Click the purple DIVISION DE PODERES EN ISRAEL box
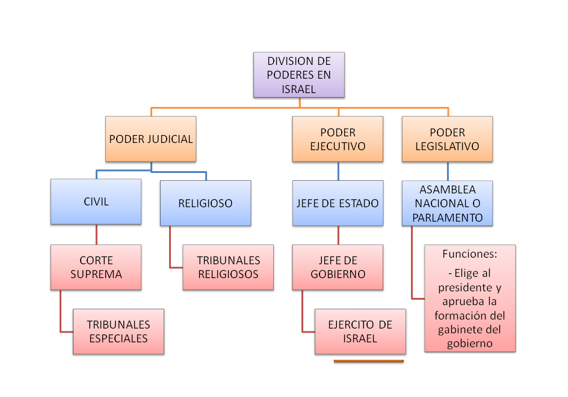coord(299,75)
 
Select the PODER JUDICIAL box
coord(151,139)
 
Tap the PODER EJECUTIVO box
coord(338,139)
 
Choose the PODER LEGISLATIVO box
coord(447,139)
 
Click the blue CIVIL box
coord(96,202)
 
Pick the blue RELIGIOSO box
coord(205,204)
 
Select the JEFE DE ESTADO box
coord(338,204)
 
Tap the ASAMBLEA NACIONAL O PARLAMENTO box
coord(447,204)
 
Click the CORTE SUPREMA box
coord(96,267)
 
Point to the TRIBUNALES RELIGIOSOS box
coord(228,267)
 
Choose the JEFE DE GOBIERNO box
coord(338,267)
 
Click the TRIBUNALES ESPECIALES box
coord(119,332)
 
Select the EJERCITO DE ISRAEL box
coord(360,332)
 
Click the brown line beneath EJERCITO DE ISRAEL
coord(368,362)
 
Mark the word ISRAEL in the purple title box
coord(299,88)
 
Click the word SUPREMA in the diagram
coord(96,274)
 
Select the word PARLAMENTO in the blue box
coord(447,217)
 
